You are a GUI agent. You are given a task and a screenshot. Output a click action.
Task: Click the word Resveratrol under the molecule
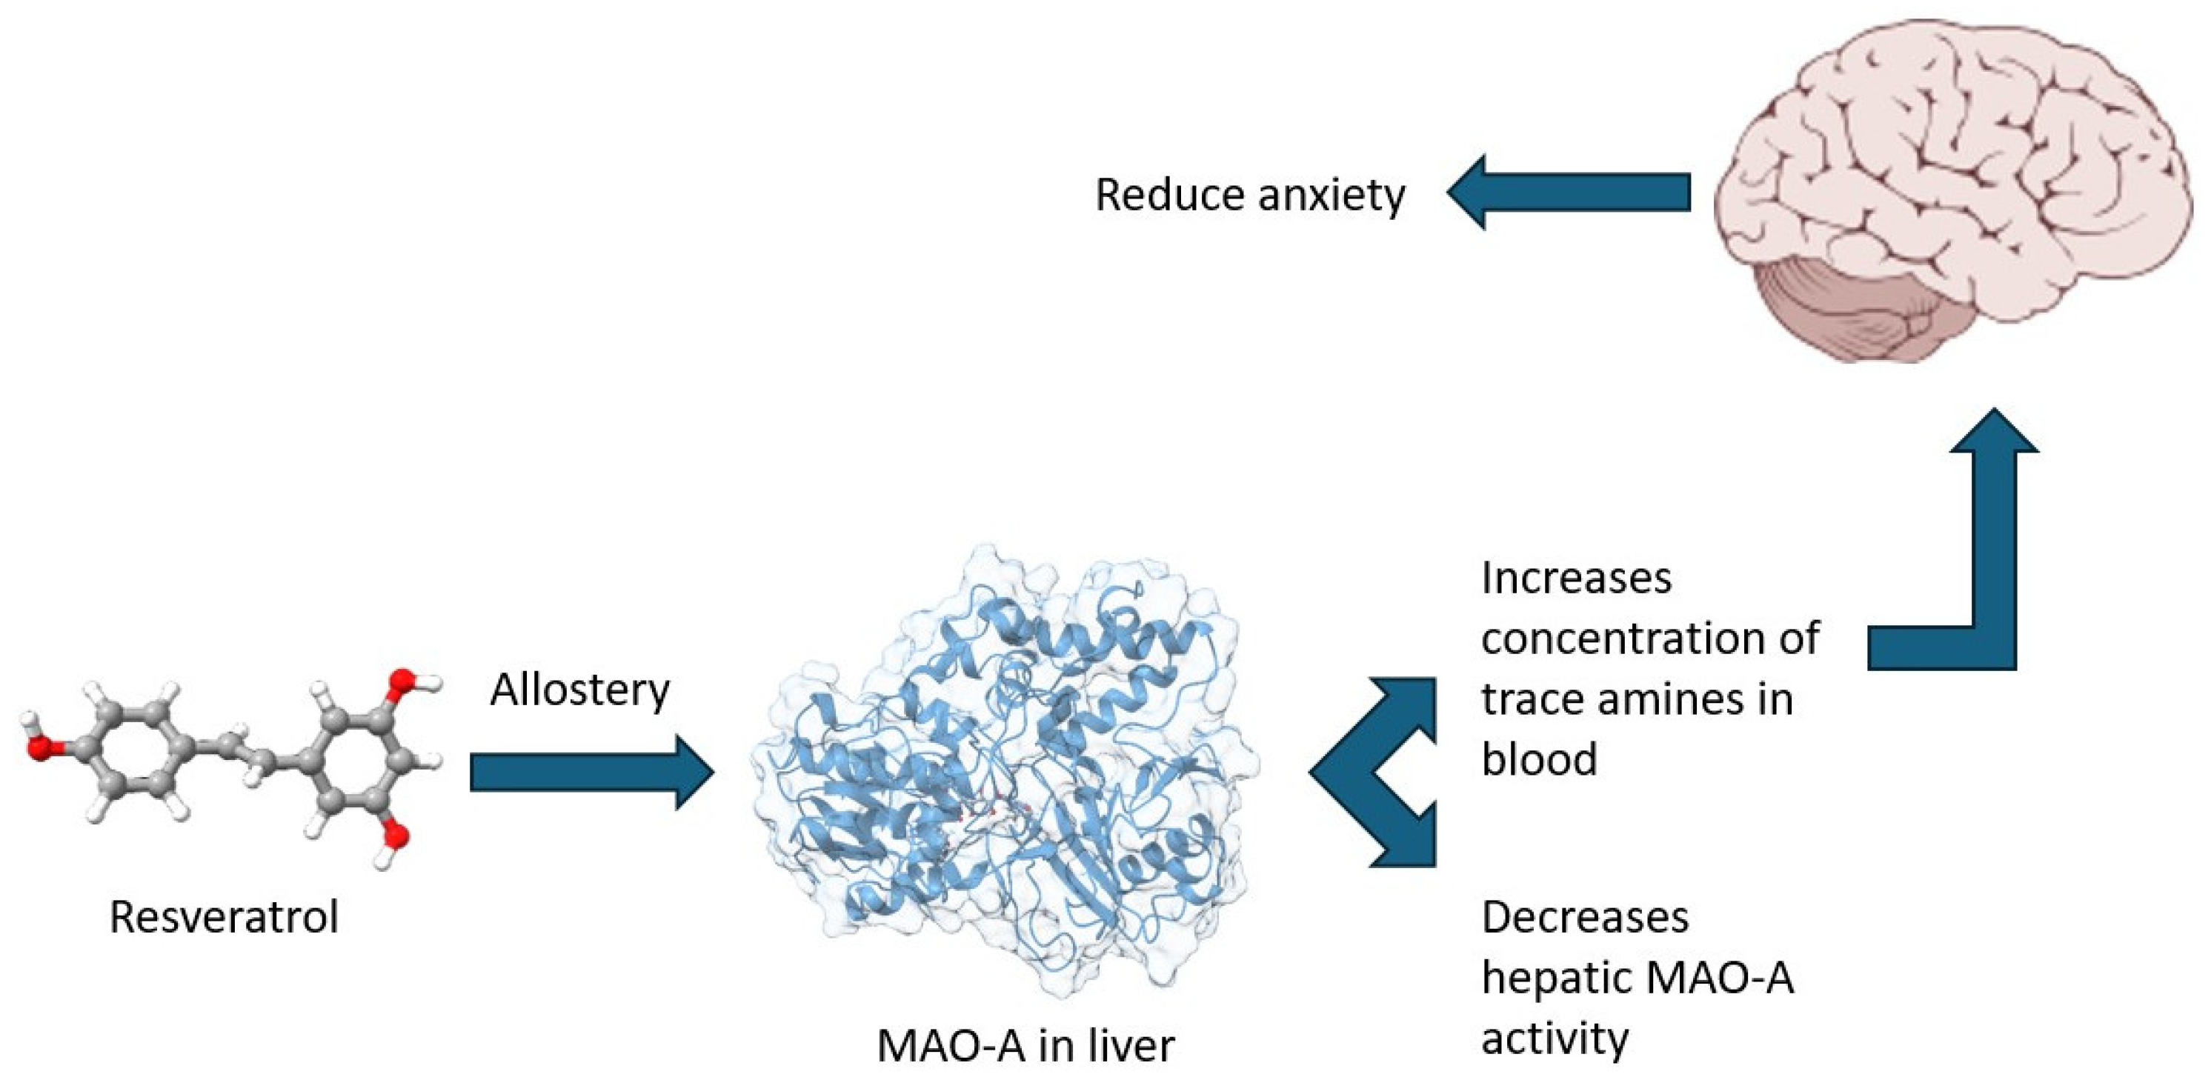pos(223,916)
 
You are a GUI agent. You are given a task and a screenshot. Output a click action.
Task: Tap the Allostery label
pos(579,690)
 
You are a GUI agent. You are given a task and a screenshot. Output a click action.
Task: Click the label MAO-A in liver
pos(1025,1046)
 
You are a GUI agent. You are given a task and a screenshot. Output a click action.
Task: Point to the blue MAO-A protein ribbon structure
pos(1004,773)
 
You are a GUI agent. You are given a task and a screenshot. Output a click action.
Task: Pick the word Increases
pos(1576,578)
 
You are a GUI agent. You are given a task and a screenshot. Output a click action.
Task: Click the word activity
pos(1555,1038)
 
